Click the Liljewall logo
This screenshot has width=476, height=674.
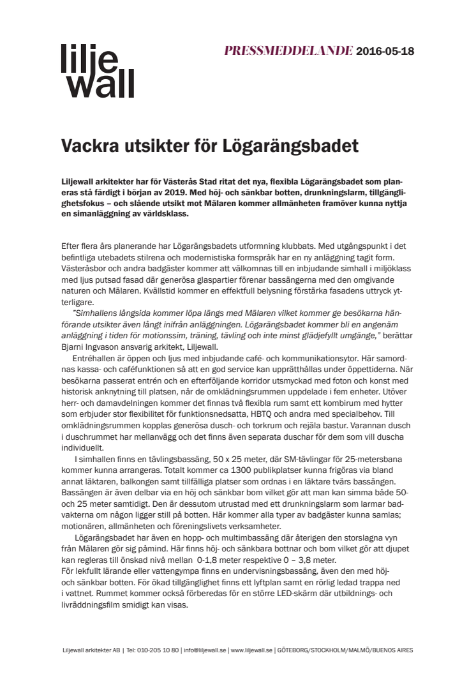tap(97, 70)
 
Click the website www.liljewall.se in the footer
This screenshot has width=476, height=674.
tap(253, 650)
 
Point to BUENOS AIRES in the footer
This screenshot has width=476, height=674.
tap(392, 650)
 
